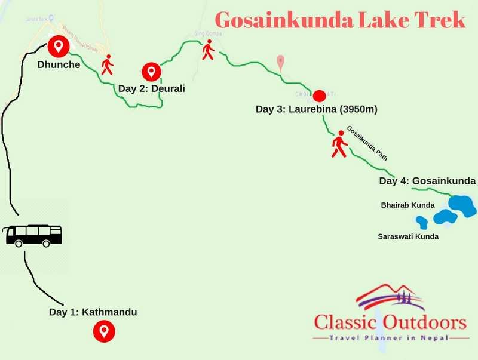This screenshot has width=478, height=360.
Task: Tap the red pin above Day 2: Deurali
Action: (x=151, y=72)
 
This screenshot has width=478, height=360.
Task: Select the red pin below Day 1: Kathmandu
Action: (x=105, y=330)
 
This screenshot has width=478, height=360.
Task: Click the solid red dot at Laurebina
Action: (x=319, y=96)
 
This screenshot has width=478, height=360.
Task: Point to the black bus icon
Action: (x=33, y=235)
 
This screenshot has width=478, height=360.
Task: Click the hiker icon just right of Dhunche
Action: (x=108, y=64)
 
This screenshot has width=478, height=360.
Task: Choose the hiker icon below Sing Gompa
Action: (x=207, y=51)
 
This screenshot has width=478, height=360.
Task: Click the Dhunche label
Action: (x=59, y=64)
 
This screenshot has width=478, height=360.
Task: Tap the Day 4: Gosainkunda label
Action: (x=427, y=180)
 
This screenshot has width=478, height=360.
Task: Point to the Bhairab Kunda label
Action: (x=408, y=205)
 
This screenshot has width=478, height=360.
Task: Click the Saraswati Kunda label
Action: (x=408, y=236)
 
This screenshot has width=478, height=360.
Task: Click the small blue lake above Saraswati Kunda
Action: (x=422, y=222)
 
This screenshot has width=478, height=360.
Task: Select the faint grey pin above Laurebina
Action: (x=281, y=61)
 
